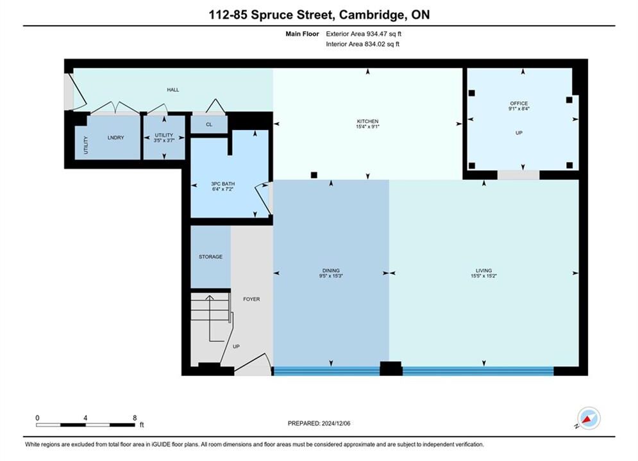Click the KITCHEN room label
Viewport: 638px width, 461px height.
pos(368,121)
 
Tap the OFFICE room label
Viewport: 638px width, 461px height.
pos(519,103)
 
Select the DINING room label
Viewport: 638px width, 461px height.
pos(331,270)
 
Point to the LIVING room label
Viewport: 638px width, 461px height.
pos(483,270)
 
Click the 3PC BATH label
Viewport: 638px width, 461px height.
pos(222,184)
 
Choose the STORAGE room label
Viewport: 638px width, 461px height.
pos(210,257)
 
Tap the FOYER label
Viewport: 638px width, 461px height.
pos(251,299)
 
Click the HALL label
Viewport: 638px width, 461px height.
pos(173,90)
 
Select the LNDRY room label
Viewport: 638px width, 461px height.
pos(115,138)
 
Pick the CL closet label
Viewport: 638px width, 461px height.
pos(209,124)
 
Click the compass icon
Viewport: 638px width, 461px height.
pos(589,418)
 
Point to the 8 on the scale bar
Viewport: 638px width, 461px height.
pos(135,417)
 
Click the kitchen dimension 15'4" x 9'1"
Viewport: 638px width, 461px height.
pos(368,127)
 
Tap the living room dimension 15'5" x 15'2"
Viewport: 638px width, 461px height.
pos(483,276)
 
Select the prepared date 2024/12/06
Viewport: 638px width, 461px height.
pos(336,423)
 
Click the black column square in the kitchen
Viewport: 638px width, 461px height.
pos(314,175)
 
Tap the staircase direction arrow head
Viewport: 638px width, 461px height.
pos(210,298)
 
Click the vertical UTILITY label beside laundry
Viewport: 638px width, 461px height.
pos(86,145)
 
